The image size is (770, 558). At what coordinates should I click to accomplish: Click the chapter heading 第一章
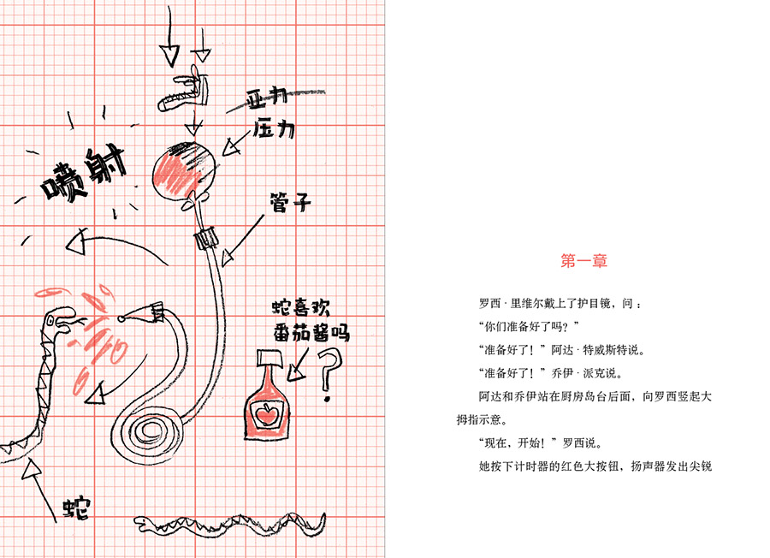tap(584, 262)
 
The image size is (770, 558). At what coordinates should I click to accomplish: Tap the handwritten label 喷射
tap(83, 175)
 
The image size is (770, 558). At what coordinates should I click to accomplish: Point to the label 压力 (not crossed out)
tap(274, 129)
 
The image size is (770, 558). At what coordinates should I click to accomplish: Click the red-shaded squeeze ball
tap(181, 169)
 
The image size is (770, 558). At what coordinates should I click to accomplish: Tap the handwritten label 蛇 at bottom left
tap(76, 506)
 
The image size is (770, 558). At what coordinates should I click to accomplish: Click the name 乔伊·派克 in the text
tap(577, 374)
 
